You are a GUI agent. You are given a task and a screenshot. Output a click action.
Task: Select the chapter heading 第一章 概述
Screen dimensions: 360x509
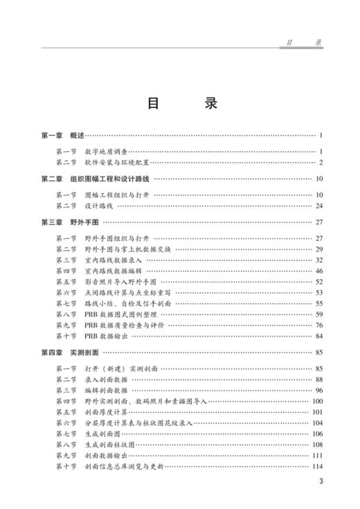tap(62, 135)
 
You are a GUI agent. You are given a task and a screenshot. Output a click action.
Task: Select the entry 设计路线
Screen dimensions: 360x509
tap(97, 206)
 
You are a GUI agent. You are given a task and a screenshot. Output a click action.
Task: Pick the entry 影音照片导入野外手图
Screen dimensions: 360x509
tap(119, 282)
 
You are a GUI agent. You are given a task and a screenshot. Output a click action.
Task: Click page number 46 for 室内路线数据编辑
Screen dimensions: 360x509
tap(320, 271)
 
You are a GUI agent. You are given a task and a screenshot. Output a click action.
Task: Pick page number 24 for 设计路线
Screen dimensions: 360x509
tap(320, 206)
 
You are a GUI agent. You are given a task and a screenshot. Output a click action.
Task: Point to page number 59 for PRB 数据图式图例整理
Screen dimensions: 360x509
tap(320, 315)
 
